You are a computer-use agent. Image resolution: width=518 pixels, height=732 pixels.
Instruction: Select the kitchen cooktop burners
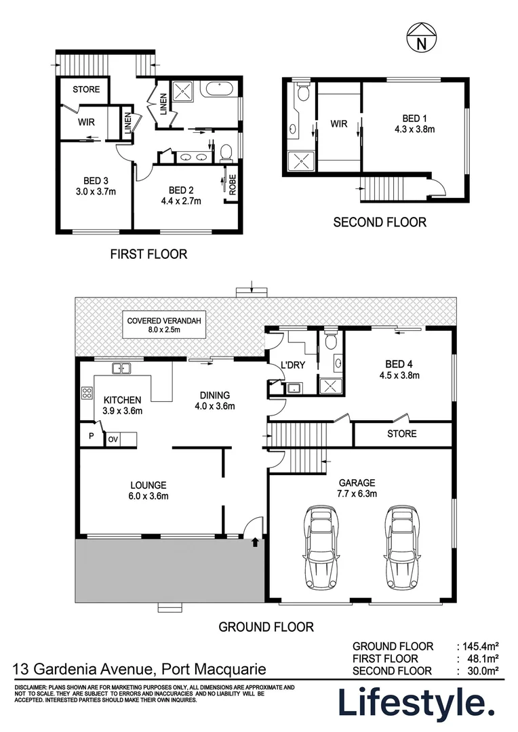click(87, 393)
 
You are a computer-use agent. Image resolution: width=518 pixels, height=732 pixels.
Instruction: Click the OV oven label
click(113, 439)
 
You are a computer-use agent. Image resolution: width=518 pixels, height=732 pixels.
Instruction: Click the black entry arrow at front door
click(255, 541)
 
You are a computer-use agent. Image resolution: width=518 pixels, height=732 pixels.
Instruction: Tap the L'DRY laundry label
click(292, 366)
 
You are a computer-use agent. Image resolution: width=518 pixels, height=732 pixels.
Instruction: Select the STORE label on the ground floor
click(401, 433)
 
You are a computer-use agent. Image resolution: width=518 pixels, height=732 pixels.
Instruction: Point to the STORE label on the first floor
click(86, 89)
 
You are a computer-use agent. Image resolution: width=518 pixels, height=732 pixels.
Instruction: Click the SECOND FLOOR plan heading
click(380, 222)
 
